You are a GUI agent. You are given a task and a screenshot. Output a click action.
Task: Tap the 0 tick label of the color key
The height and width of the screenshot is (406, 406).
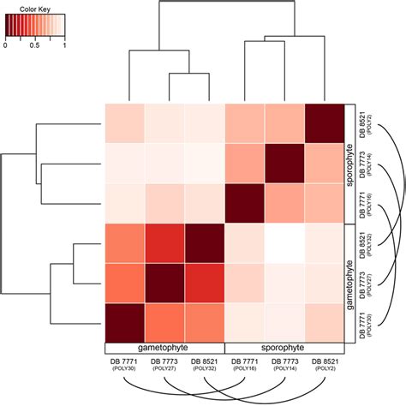click(6, 45)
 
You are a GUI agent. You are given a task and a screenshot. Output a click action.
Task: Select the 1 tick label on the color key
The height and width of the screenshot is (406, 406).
click(65, 45)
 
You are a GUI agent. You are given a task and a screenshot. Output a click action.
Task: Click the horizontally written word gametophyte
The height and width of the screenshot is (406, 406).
click(164, 349)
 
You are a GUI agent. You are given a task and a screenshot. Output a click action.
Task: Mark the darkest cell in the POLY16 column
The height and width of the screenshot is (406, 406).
click(244, 204)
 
